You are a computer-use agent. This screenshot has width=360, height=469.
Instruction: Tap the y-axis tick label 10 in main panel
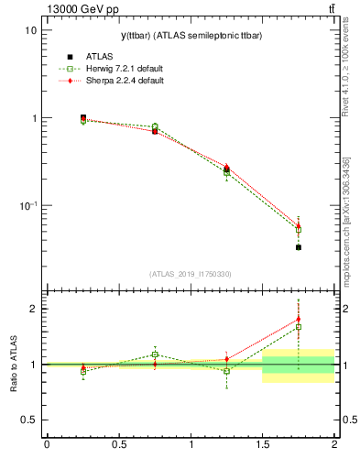(x=30, y=30)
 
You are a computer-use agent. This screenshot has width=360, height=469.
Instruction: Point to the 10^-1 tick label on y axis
(x=27, y=206)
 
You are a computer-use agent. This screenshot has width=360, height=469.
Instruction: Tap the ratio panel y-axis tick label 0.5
(x=28, y=420)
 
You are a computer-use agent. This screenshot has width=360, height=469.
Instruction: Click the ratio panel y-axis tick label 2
(x=33, y=309)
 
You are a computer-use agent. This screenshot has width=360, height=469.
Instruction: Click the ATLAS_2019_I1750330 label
(x=190, y=274)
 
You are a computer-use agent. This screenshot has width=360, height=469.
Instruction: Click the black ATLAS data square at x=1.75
(x=299, y=247)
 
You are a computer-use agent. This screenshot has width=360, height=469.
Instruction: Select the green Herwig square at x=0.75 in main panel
(x=155, y=126)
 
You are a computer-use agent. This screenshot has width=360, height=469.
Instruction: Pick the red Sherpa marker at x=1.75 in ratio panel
(x=299, y=320)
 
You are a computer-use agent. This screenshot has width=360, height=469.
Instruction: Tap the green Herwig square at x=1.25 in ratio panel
(x=226, y=371)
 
